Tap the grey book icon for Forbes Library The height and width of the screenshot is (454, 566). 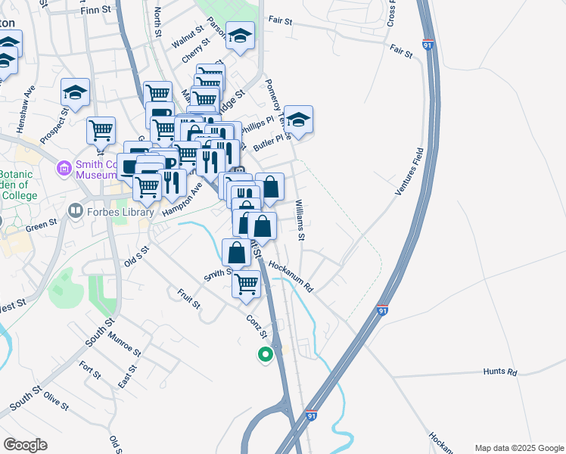click(75, 211)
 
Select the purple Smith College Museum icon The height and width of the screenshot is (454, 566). click(64, 167)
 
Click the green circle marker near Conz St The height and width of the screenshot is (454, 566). click(265, 353)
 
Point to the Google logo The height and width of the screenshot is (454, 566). click(25, 445)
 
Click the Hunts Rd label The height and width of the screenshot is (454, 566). click(501, 372)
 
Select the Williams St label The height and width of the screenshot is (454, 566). click(300, 221)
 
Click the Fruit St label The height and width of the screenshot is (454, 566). click(189, 299)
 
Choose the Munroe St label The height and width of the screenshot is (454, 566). click(124, 344)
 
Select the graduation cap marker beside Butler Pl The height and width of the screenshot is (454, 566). click(299, 119)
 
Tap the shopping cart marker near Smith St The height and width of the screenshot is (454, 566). click(247, 285)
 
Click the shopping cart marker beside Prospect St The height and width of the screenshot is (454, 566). click(101, 130)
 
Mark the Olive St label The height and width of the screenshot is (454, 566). click(56, 400)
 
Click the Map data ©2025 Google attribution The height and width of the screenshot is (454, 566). click(519, 447)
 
